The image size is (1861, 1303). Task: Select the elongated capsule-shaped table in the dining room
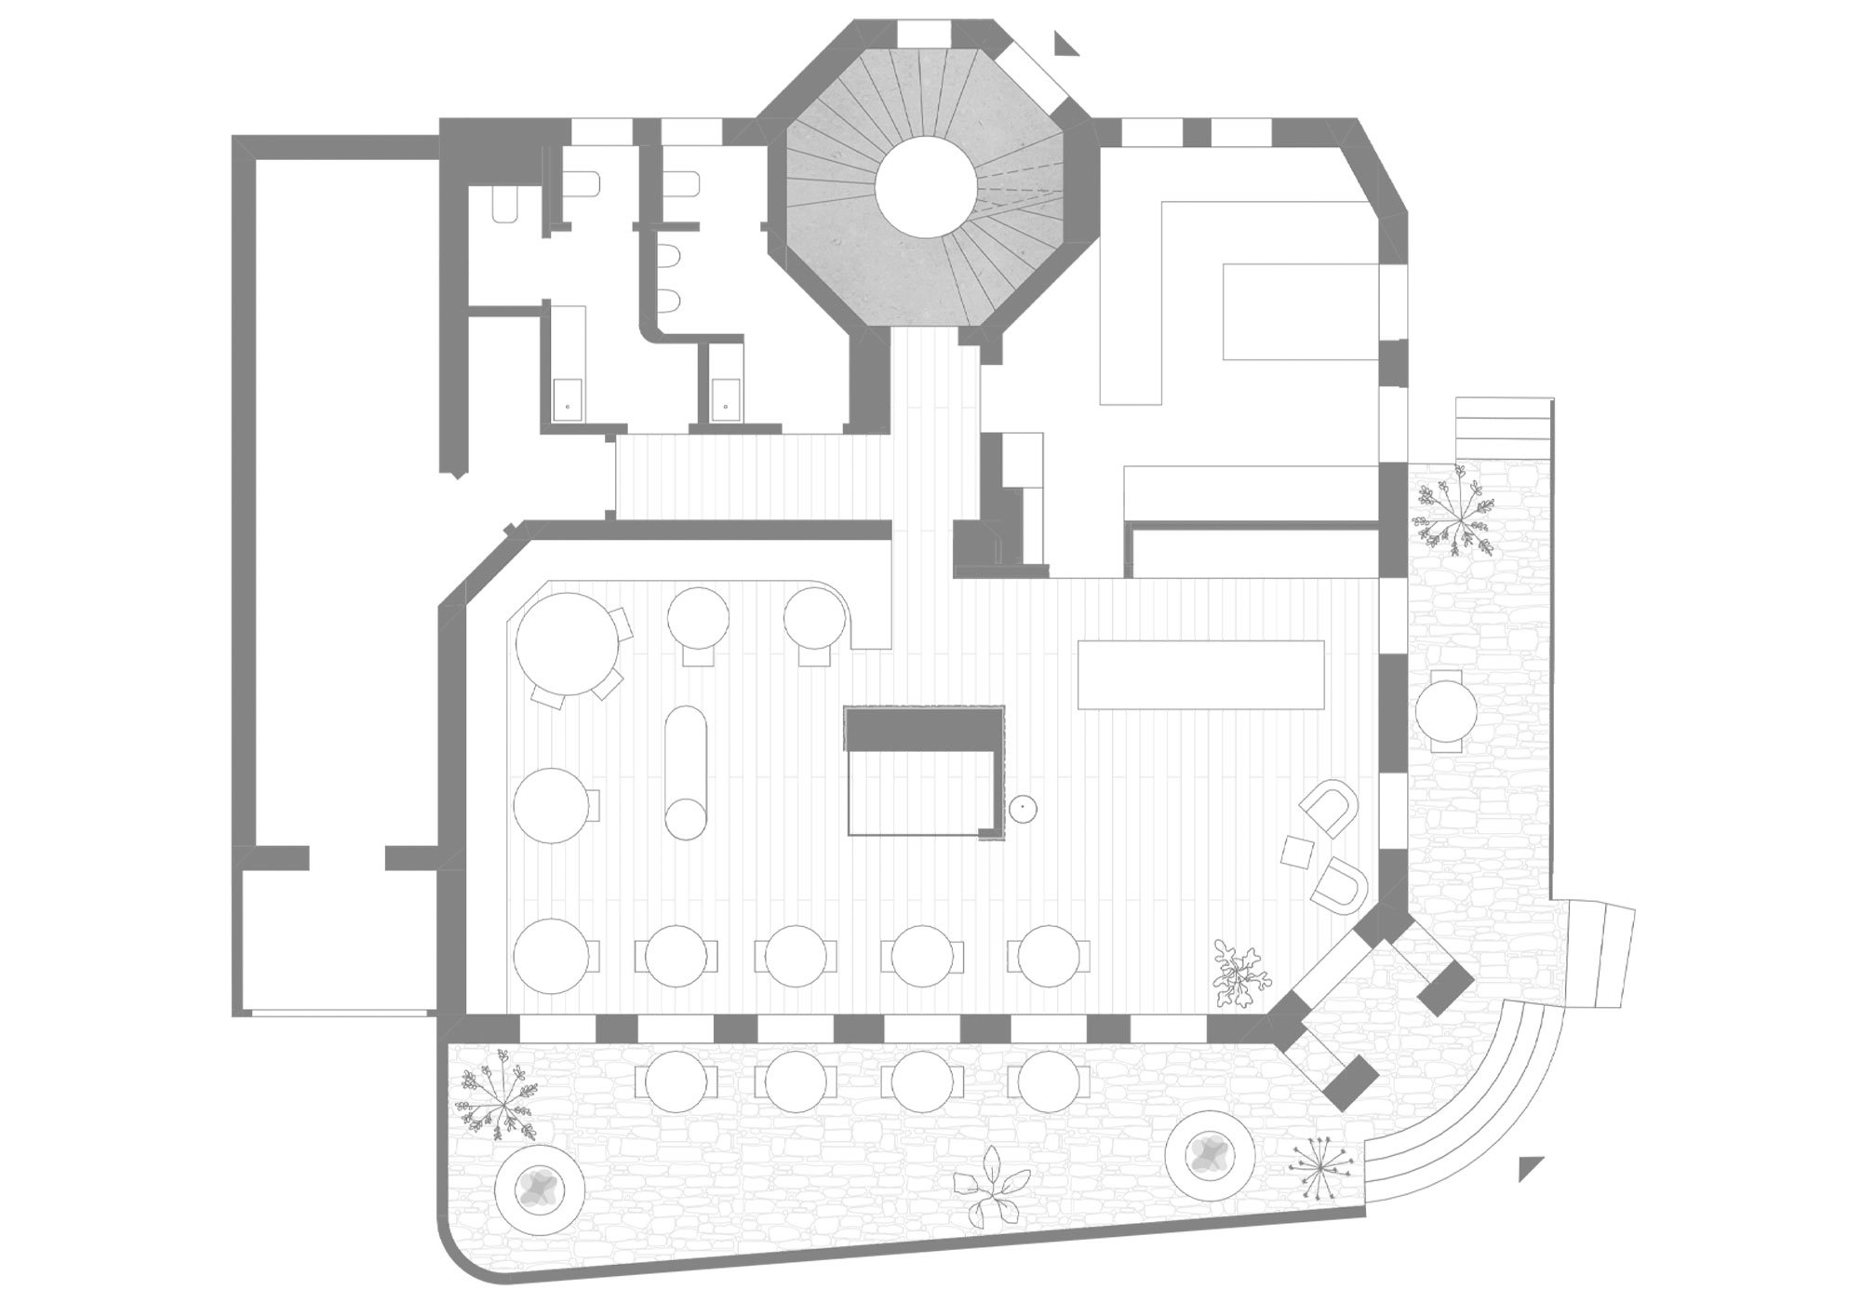point(687,771)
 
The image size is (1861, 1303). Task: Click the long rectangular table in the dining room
point(1200,675)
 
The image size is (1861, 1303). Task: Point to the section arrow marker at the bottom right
point(1530,1167)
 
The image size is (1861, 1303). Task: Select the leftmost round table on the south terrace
point(676,1081)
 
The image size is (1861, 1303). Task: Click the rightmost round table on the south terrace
point(1054,1081)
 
